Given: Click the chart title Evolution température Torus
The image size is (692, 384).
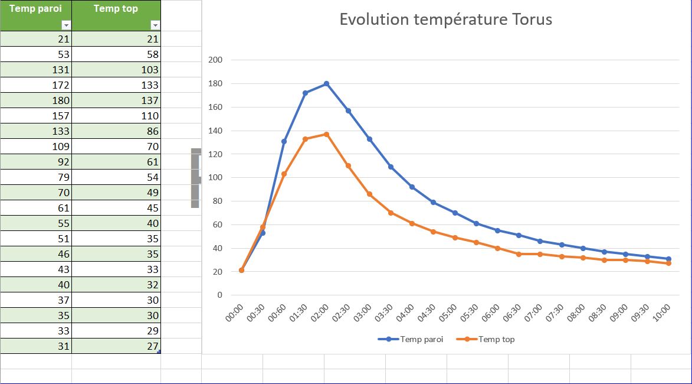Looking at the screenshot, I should click(x=445, y=19).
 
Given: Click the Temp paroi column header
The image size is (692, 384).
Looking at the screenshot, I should click(x=35, y=9).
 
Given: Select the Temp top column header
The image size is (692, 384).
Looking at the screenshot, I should click(x=116, y=9).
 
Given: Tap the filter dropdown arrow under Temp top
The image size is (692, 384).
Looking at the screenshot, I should click(x=155, y=25).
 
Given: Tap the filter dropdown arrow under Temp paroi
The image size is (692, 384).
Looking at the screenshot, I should click(x=66, y=25).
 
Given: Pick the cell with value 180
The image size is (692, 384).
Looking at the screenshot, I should click(x=35, y=100).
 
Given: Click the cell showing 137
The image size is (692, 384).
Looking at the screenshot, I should click(x=116, y=100).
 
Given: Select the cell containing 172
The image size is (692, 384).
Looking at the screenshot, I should click(x=35, y=85).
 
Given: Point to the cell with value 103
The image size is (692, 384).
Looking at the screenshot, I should click(x=116, y=70).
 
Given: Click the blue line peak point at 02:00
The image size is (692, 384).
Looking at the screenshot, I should click(x=326, y=84).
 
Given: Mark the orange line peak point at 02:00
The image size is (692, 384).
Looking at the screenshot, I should click(x=326, y=134).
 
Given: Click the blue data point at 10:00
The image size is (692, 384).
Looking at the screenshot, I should click(x=668, y=259).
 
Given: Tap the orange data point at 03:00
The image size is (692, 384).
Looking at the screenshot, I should click(x=369, y=194).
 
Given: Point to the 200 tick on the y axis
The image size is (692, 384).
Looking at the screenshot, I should click(x=215, y=60).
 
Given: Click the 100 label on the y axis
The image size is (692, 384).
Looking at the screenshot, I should click(x=215, y=178).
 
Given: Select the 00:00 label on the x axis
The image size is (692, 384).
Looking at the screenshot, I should click(x=235, y=313).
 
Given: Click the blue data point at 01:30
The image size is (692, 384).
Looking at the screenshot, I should click(x=305, y=93).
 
